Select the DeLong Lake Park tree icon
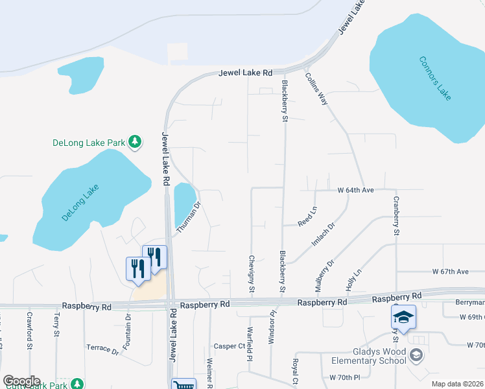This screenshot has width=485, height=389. [x=135, y=141]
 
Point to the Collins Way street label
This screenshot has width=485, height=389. [x=316, y=89]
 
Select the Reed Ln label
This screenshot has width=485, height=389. [x=307, y=217]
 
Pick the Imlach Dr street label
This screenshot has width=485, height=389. [x=322, y=235]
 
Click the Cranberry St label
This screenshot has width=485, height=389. [x=396, y=216]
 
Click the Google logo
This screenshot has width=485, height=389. [x=21, y=381]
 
